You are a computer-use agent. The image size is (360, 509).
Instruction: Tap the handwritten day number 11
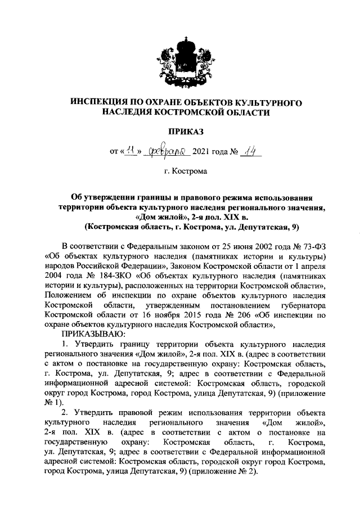[x=130, y=150]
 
